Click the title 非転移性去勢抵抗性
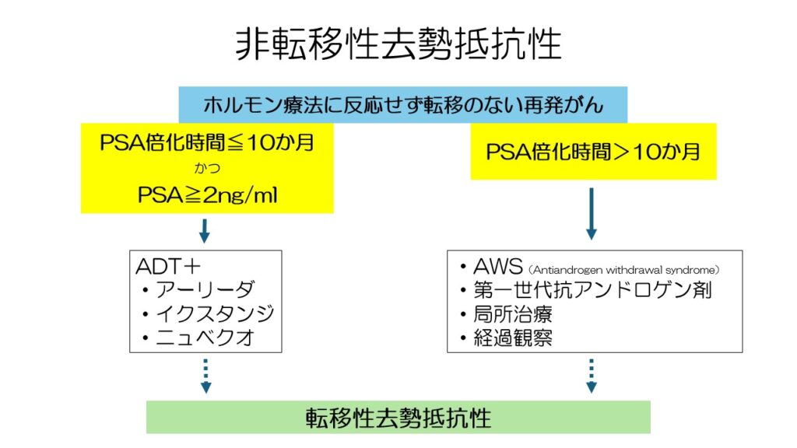click(x=398, y=44)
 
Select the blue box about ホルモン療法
click(x=402, y=105)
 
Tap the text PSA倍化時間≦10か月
click(x=207, y=142)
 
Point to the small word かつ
click(x=207, y=168)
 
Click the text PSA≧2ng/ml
click(x=207, y=195)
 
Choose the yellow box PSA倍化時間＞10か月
click(x=593, y=152)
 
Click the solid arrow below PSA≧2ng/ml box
click(x=205, y=231)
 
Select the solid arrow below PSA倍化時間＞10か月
click(x=592, y=213)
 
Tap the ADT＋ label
click(x=168, y=266)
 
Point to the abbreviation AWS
click(x=497, y=266)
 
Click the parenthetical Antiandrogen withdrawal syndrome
click(x=624, y=270)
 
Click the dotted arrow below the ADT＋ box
click(x=205, y=376)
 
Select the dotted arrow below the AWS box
click(x=592, y=376)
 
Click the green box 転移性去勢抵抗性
click(x=398, y=417)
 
